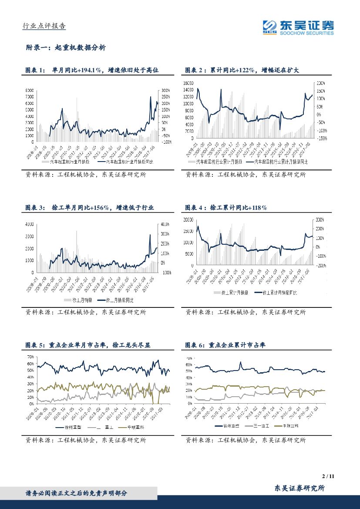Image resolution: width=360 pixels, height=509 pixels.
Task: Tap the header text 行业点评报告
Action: click(x=44, y=26)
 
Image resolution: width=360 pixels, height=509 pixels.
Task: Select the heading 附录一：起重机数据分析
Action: click(x=66, y=48)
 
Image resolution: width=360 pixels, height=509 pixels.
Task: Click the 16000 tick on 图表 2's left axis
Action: click(x=188, y=83)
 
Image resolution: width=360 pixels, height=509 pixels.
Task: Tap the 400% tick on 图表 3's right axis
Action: click(x=165, y=224)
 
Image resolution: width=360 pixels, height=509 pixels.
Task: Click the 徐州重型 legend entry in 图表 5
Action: click(x=70, y=428)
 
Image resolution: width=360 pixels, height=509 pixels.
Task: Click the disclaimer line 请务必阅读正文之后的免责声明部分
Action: click(x=77, y=493)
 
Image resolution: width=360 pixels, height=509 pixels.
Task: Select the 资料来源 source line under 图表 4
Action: click(x=246, y=312)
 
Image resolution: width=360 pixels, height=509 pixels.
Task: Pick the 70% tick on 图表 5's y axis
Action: click(x=30, y=357)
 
